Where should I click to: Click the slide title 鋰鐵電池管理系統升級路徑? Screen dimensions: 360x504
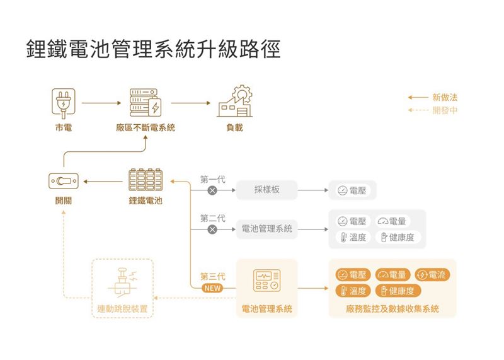pos(153,50)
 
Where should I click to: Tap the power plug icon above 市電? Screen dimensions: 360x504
pos(63,103)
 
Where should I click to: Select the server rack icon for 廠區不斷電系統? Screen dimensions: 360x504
pos(145,103)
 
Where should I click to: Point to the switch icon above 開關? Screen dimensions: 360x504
pos(63,182)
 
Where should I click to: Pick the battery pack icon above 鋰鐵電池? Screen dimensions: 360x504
pos(145,181)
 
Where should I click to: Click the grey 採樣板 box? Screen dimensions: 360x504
pos(266,189)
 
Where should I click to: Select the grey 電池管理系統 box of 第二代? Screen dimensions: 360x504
pos(266,229)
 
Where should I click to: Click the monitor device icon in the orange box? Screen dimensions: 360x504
pos(266,281)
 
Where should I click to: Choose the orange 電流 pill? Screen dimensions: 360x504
pos(432,275)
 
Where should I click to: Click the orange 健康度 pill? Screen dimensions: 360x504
pos(398,291)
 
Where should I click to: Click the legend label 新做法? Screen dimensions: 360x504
pos(445,98)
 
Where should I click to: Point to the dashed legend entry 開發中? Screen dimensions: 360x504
pos(445,110)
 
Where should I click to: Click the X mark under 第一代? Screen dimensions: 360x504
pos(212,190)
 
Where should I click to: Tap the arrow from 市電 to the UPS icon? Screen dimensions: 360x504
pos(101,102)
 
